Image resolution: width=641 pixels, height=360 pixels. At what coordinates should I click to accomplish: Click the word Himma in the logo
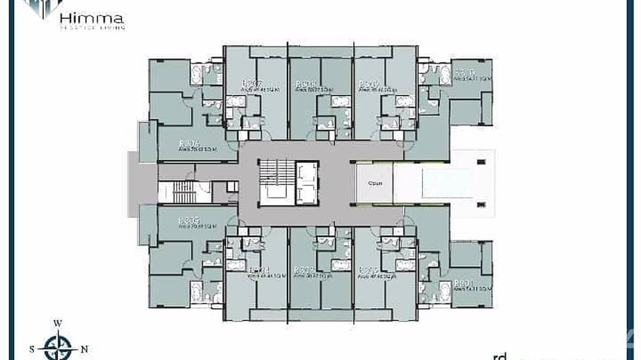tap(92, 19)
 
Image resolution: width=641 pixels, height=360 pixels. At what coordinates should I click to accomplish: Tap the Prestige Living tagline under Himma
tap(92, 28)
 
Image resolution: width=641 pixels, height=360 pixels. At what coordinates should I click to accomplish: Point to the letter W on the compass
tap(58, 323)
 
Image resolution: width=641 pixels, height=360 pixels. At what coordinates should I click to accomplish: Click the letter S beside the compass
tap(32, 349)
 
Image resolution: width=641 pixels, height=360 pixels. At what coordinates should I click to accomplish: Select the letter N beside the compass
tap(85, 349)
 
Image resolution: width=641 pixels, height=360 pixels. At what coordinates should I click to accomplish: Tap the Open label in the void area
tap(375, 183)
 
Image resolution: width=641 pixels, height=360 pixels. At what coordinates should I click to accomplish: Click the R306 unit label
tap(189, 143)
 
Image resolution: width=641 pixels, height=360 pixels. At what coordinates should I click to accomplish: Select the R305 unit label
tap(188, 221)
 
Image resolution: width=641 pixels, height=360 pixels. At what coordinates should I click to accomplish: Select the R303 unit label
tap(304, 270)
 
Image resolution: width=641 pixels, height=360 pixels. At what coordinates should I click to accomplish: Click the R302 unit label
tap(369, 270)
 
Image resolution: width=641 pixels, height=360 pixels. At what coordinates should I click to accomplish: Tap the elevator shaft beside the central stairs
tap(307, 183)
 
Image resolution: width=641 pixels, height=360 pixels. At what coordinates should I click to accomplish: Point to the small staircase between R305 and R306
tap(184, 192)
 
